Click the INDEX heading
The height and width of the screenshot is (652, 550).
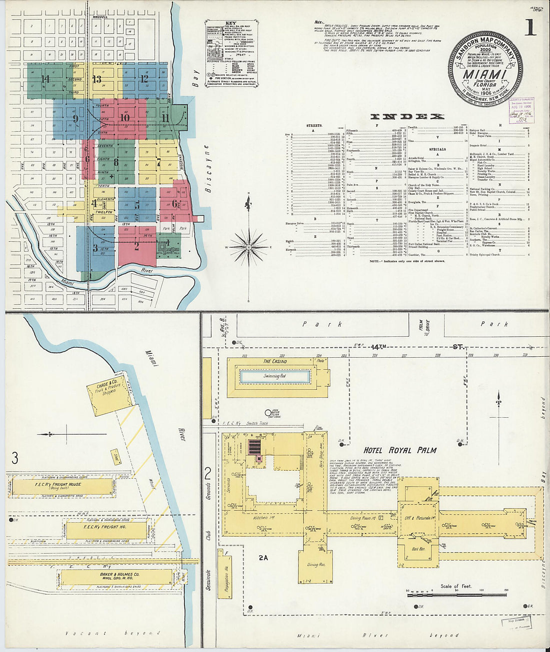(x=406, y=116)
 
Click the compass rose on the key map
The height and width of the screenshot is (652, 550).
(x=248, y=246)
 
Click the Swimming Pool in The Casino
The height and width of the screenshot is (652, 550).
(x=275, y=376)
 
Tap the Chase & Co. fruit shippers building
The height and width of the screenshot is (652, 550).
(x=109, y=392)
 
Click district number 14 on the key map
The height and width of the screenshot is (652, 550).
(x=45, y=78)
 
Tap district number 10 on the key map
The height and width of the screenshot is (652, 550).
(x=124, y=118)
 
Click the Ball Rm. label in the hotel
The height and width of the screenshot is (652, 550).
(x=418, y=549)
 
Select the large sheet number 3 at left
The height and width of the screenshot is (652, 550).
(x=15, y=457)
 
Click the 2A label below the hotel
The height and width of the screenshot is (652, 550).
(x=263, y=557)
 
